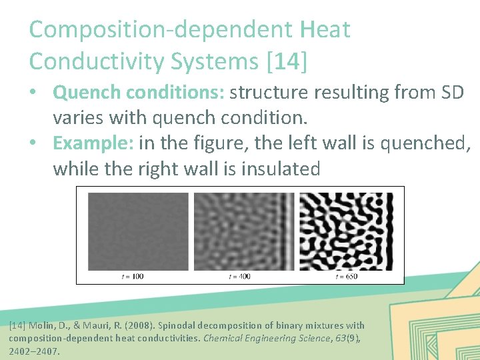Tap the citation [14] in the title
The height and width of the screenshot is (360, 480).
click(287, 61)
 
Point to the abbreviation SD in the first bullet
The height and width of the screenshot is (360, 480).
click(450, 92)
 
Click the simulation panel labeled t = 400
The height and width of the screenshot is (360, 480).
click(243, 231)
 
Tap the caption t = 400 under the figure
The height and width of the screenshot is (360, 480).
click(239, 276)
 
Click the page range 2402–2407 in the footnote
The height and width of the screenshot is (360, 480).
click(34, 351)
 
